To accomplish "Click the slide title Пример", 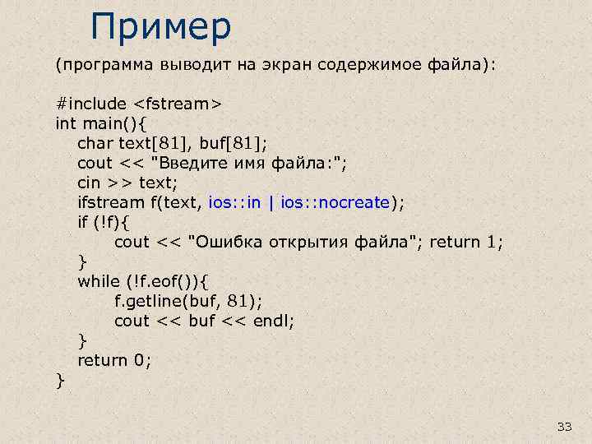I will click(x=161, y=26).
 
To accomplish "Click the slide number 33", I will click(x=564, y=426).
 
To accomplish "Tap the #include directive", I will click(x=90, y=104).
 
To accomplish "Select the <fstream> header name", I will click(x=177, y=104).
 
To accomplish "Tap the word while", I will click(x=98, y=281).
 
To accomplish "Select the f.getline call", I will click(x=161, y=301).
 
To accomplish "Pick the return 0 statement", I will click(x=114, y=360).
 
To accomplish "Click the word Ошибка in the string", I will click(x=225, y=242).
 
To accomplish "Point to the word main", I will click(x=101, y=123).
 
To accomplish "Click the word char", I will click(x=95, y=143).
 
